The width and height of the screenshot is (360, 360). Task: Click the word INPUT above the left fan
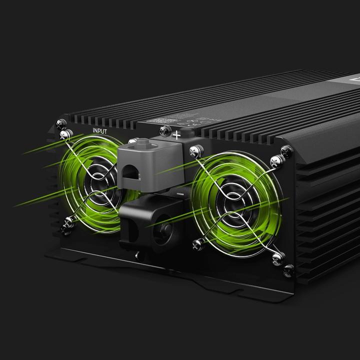point(99,130)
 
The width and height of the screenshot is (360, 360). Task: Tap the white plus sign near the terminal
point(176,134)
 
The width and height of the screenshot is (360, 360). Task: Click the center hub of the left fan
point(95,184)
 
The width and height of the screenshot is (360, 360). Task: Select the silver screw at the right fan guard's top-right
point(274,160)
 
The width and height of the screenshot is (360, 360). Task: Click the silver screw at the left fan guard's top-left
point(64,134)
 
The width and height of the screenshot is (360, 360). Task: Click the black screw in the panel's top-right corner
point(287,149)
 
